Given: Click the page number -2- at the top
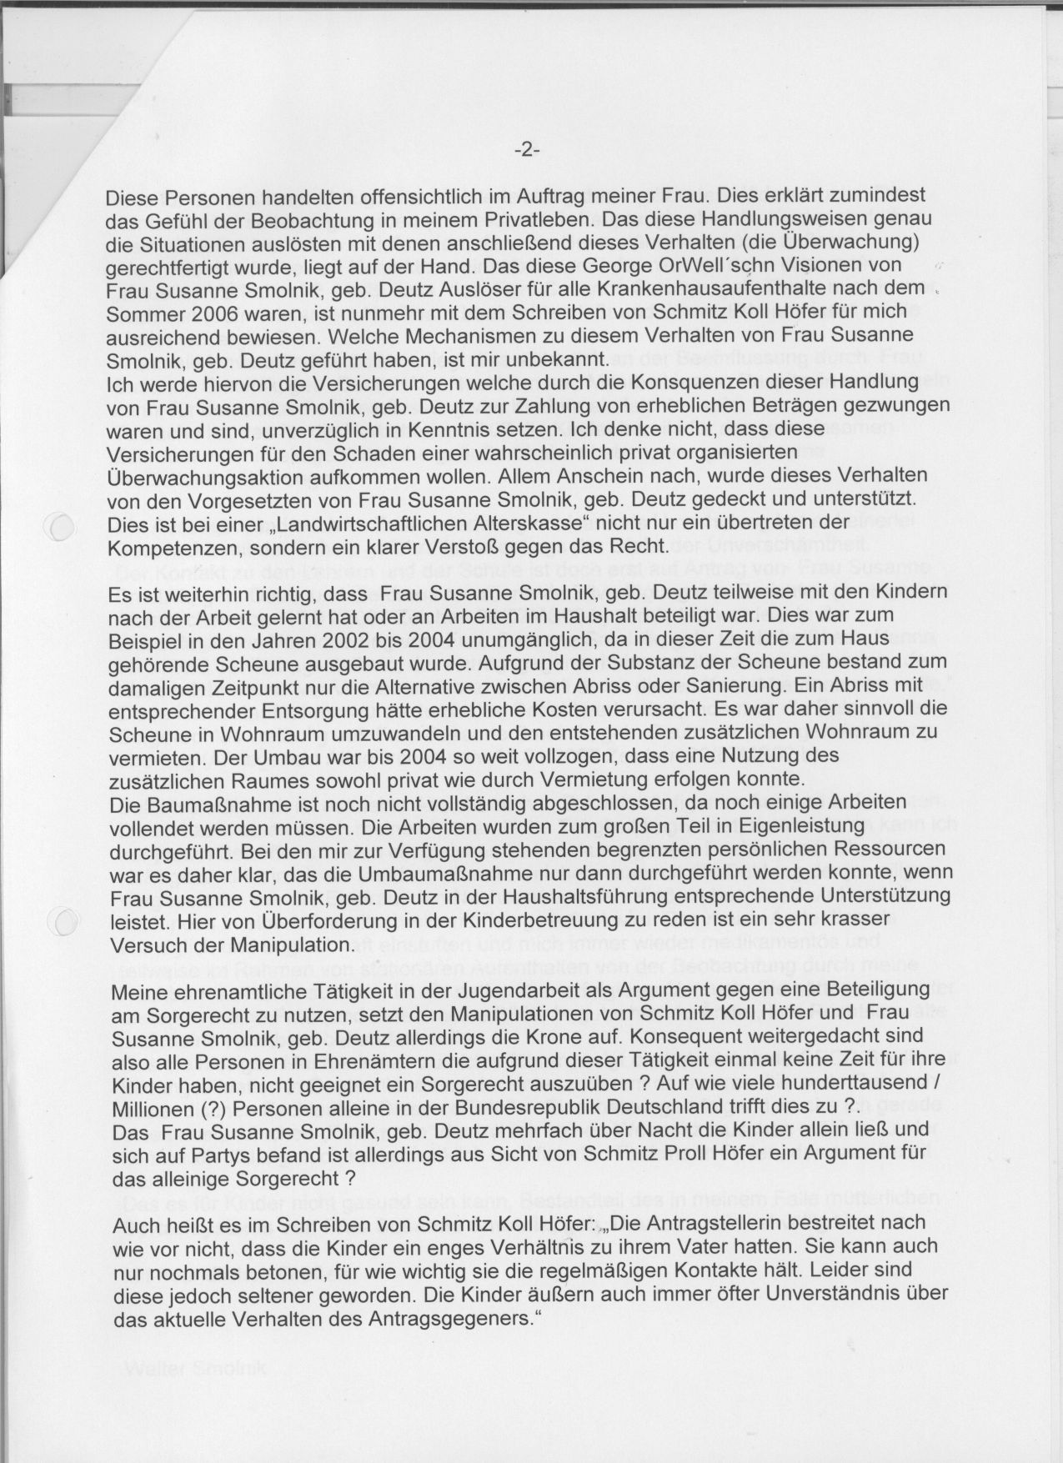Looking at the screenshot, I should [x=528, y=150].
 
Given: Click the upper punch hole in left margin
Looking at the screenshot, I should [x=63, y=526].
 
